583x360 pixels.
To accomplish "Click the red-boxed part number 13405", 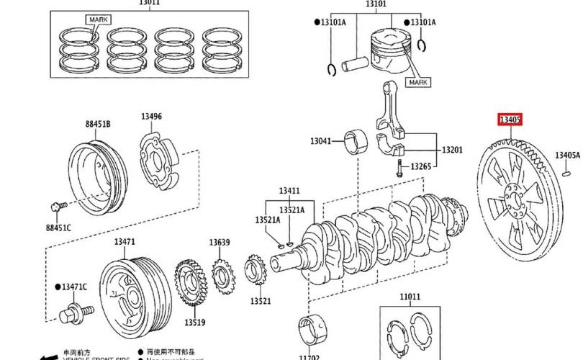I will click(511, 120).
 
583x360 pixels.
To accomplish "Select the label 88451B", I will click(99, 124).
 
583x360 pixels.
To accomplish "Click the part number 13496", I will click(151, 117).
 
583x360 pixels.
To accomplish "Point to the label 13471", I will click(125, 242).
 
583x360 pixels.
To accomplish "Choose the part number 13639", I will click(220, 242).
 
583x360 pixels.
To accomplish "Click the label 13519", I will click(194, 323).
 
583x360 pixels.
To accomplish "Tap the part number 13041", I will click(321, 140).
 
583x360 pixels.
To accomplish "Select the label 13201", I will click(452, 150).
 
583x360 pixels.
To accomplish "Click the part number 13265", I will click(421, 166).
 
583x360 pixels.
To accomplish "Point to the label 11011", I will click(410, 296).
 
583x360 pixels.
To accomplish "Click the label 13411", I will click(289, 191).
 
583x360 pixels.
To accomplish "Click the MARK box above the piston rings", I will click(96, 19).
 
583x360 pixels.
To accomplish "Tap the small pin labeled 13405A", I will click(566, 171).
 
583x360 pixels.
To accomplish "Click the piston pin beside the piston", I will click(355, 64).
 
